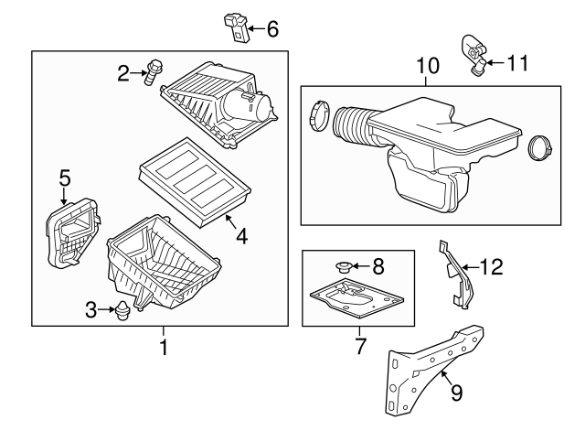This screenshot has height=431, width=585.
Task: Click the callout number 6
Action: pyautogui.click(x=272, y=29)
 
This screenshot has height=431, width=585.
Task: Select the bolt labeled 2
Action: pyautogui.click(x=153, y=71)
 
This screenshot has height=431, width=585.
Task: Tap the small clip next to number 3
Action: pyautogui.click(x=122, y=310)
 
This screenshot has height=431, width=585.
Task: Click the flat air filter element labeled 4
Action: pyautogui.click(x=194, y=182)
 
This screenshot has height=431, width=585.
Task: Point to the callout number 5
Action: pyautogui.click(x=65, y=178)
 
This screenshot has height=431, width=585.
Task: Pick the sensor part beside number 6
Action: pyautogui.click(x=236, y=27)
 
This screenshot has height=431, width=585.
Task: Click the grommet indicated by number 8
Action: pyautogui.click(x=344, y=266)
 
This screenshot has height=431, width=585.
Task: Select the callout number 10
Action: pyautogui.click(x=428, y=66)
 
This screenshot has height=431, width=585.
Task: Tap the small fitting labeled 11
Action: pyautogui.click(x=473, y=55)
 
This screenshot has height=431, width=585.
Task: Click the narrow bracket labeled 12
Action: pyautogui.click(x=457, y=275)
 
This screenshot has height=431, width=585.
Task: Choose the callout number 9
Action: pyautogui.click(x=457, y=393)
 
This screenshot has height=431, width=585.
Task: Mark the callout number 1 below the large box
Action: pyautogui.click(x=164, y=347)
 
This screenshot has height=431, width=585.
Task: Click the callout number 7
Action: pyautogui.click(x=360, y=346)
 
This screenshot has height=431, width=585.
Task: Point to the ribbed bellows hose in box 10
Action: pyautogui.click(x=351, y=124)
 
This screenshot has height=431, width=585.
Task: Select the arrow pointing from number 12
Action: pyautogui.click(x=470, y=267)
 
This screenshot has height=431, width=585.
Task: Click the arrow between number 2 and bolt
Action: pyautogui.click(x=139, y=73)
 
